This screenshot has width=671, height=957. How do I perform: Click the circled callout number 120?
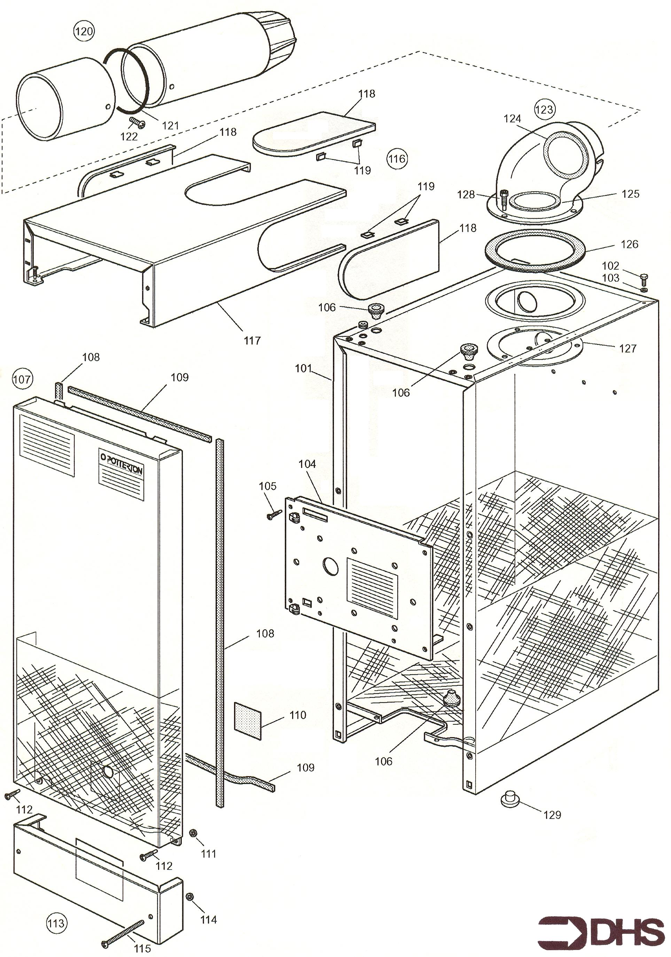click(84, 31)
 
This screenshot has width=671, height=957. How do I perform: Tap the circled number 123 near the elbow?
click(544, 109)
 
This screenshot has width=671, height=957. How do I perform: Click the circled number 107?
click(22, 379)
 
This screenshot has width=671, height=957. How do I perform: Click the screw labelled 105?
click(274, 515)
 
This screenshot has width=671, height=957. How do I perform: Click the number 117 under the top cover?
click(252, 341)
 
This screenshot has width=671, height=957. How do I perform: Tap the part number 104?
click(307, 464)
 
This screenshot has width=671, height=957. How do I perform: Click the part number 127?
click(628, 349)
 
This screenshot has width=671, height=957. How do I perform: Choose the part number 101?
click(303, 368)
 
